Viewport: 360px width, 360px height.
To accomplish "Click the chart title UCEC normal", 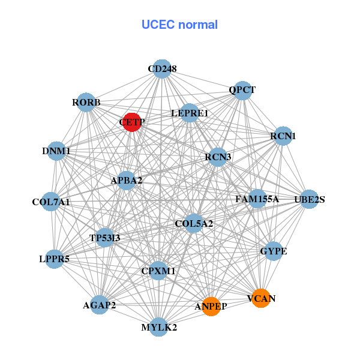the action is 179,25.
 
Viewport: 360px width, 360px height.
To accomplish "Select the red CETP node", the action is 131,122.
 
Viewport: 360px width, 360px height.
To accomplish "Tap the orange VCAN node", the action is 260,298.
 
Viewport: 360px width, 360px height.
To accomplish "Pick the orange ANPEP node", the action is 211,307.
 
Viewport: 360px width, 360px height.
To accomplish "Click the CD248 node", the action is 161,69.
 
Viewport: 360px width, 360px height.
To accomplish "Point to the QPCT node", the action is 242,91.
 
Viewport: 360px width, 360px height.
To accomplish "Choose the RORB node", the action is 86,103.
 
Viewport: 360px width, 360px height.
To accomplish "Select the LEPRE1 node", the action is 190,113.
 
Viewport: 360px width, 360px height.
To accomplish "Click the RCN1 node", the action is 283,136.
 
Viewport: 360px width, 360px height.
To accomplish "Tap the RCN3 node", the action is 218,157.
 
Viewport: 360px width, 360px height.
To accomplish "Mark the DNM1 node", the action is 56,151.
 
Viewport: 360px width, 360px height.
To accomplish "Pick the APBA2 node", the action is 126,180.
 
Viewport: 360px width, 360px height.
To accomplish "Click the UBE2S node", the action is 309,199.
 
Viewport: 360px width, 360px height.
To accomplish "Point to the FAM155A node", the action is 257,199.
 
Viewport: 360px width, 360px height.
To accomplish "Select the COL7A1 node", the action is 51,202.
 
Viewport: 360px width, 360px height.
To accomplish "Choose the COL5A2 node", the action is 194,224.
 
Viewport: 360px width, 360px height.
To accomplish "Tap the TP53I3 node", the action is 105,238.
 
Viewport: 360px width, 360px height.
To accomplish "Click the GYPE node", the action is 273,251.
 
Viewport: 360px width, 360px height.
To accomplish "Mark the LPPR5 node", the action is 55,259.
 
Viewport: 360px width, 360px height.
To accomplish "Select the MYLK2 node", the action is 159,327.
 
